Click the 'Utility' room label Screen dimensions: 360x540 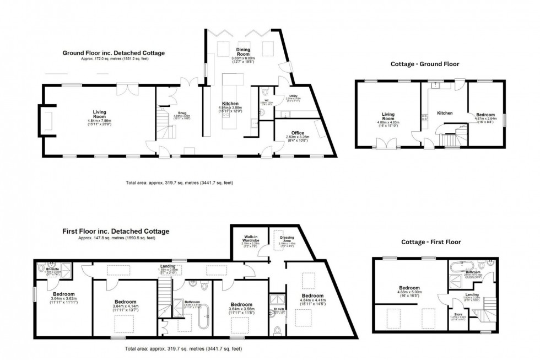(293, 96)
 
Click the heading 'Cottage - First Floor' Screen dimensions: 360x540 (430, 242)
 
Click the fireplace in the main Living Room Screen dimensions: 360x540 (47, 120)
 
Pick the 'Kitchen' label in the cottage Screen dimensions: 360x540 (445, 113)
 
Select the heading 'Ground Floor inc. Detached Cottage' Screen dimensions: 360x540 (113, 53)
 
